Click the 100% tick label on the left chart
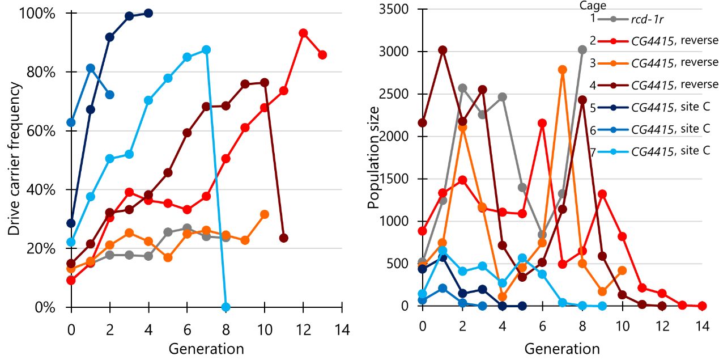point(37,14)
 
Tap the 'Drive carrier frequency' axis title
point(14,159)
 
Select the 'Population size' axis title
point(373,158)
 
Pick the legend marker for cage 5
point(613,108)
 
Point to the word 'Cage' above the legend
point(593,5)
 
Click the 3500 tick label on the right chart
point(394,9)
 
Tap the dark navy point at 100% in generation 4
point(148,13)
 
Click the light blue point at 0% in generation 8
point(226,307)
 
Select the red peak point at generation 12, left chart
point(303,33)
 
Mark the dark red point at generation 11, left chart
point(283,238)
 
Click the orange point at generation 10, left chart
point(265,214)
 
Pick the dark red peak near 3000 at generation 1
point(443,50)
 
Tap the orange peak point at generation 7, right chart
point(563,70)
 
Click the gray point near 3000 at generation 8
point(582,50)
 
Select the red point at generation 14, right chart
point(703,306)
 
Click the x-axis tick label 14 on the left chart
point(342,330)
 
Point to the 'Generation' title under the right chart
point(562,349)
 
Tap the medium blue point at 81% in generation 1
point(91,68)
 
